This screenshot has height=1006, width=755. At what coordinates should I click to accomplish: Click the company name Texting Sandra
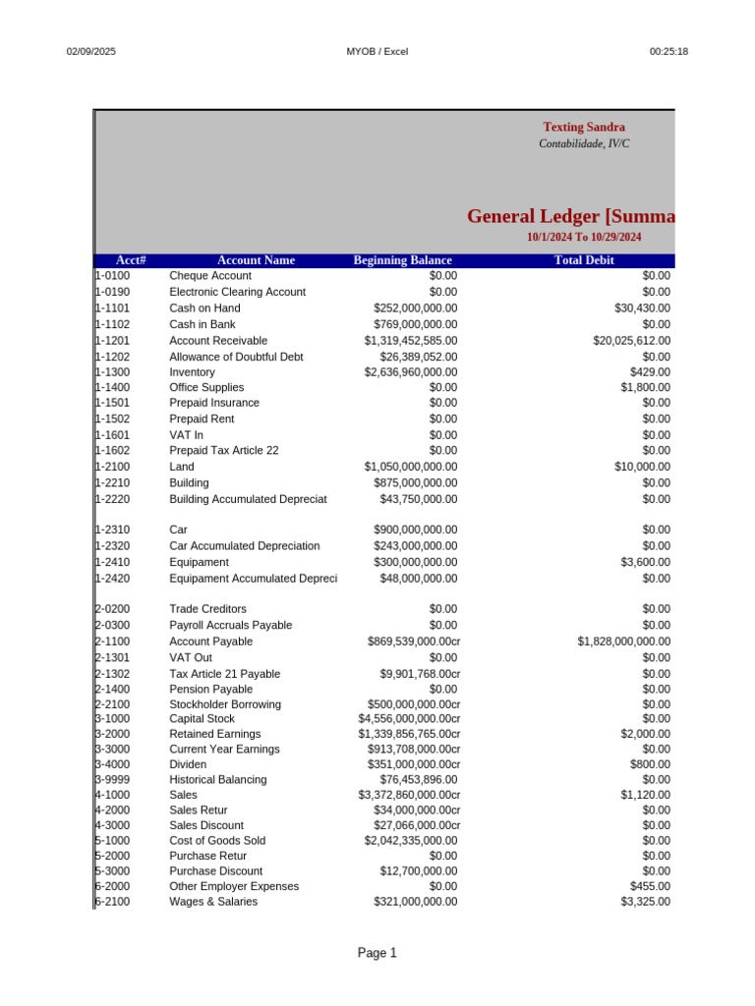[x=584, y=127]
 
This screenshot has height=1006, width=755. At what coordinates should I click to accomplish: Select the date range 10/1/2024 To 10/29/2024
[x=584, y=237]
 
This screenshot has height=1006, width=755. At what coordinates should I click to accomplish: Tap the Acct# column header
[x=131, y=260]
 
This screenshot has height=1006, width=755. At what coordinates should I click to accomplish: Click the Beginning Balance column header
[x=402, y=260]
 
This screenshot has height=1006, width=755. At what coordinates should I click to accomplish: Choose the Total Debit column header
[x=584, y=260]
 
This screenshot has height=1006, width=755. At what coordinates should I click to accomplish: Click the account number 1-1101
[x=112, y=307]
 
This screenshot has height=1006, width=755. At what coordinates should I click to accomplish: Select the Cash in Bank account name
[x=203, y=324]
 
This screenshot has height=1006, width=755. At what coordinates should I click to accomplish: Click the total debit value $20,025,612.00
[x=631, y=340]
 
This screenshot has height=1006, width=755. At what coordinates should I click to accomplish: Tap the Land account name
[x=182, y=467]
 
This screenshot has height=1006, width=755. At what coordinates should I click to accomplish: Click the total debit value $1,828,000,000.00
[x=624, y=642]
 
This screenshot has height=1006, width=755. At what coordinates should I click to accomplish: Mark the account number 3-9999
[x=112, y=779]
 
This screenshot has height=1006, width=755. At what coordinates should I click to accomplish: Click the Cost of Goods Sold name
[x=217, y=841]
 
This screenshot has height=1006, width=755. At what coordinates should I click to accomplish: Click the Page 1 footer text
[x=377, y=953]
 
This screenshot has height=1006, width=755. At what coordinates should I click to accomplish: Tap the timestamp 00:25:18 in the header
[x=668, y=51]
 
